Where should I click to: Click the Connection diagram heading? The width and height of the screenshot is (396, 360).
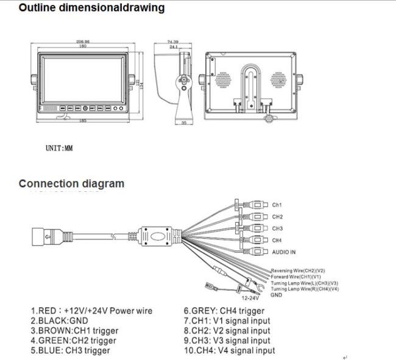coord(71,183)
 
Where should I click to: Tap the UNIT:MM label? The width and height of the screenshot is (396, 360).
coord(59,148)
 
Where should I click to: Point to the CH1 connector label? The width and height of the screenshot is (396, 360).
coord(277,205)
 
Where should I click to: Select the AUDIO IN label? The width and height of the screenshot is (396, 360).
coord(284,252)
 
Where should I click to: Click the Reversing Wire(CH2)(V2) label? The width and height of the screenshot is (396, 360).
coord(298,270)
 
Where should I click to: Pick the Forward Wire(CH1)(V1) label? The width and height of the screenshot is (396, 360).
coord(297,277)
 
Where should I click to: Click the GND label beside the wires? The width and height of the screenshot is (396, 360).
coord(277,295)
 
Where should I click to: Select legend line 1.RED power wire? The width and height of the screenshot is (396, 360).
coord(91,311)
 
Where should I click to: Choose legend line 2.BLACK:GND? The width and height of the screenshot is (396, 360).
coord(59,321)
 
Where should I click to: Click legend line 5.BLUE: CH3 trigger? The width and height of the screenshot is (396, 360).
coord(70,350)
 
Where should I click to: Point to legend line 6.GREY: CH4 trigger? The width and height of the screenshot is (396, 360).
coord(224,311)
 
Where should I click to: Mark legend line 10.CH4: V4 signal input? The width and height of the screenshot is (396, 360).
coord(229,350)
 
